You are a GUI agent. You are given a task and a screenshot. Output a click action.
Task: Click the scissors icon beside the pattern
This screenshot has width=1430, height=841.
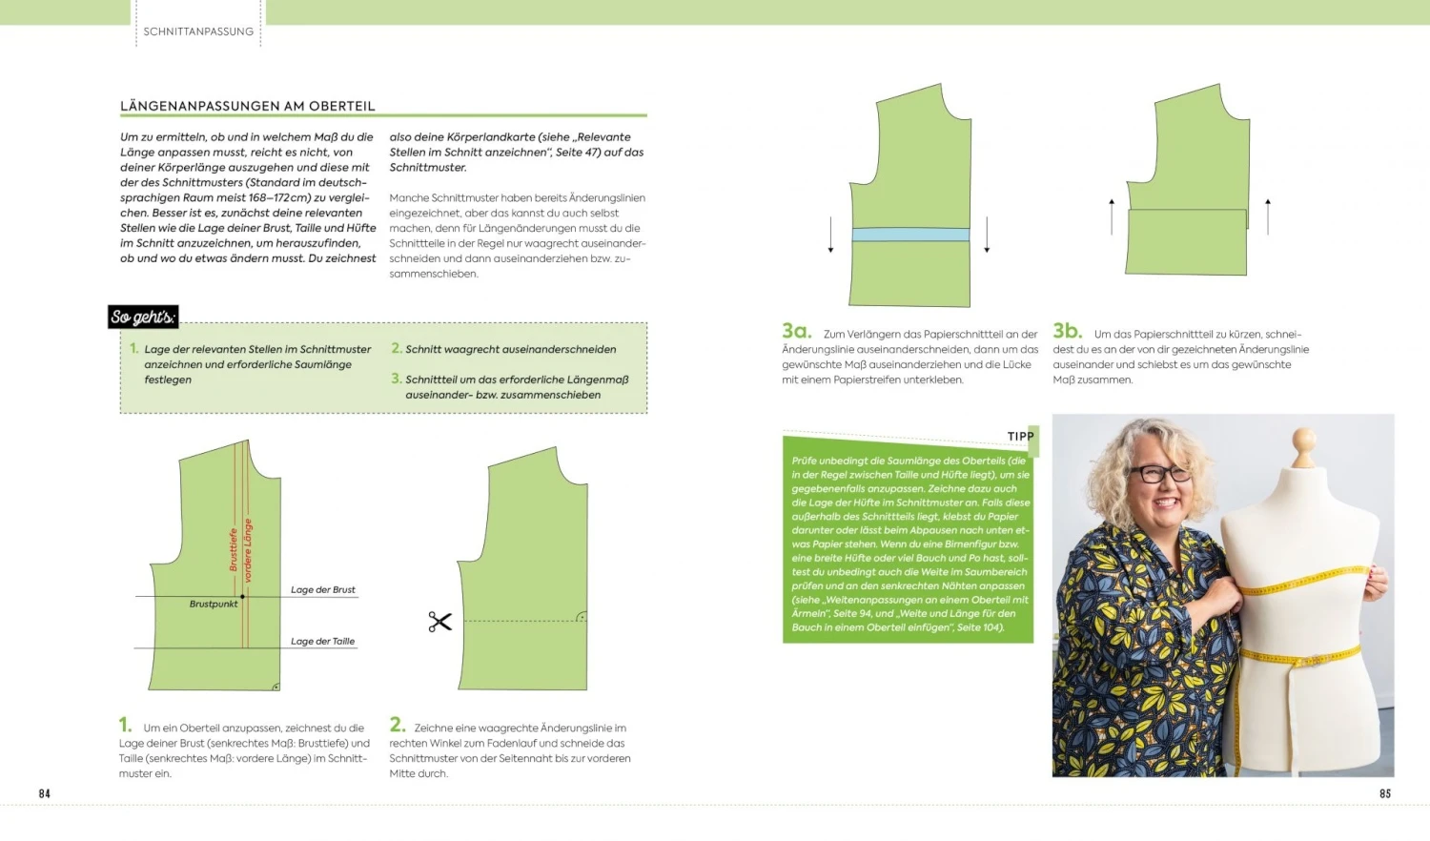click(x=439, y=623)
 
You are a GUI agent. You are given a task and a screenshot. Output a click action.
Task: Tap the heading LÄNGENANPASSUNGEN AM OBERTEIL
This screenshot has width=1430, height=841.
click(x=248, y=106)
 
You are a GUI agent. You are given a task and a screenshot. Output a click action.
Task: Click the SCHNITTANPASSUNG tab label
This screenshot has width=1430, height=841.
click(x=198, y=31)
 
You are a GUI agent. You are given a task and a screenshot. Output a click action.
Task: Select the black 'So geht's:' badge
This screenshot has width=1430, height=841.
click(x=143, y=317)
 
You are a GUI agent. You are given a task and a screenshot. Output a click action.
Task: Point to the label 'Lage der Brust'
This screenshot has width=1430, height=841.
click(x=323, y=590)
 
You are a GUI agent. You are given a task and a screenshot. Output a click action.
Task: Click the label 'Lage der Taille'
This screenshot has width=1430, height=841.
click(x=322, y=642)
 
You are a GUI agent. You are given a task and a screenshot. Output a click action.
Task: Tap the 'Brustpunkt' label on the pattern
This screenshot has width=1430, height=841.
click(x=214, y=605)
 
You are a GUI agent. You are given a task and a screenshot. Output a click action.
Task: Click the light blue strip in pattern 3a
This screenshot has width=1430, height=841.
click(x=909, y=235)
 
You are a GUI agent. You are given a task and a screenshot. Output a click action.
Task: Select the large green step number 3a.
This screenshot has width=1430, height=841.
click(x=796, y=331)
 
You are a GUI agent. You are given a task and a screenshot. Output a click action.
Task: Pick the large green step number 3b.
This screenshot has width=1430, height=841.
click(x=1067, y=331)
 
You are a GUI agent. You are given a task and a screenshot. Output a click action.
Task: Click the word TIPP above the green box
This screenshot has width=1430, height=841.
click(x=1020, y=437)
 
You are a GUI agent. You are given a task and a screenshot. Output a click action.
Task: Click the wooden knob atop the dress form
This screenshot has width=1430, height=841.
click(x=1302, y=442)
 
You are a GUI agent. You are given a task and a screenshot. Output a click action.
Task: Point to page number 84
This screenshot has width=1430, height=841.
click(x=45, y=793)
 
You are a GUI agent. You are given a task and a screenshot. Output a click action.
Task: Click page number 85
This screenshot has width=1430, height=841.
click(x=1385, y=793)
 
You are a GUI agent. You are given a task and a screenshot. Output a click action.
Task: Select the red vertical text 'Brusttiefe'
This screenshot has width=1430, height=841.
click(x=234, y=549)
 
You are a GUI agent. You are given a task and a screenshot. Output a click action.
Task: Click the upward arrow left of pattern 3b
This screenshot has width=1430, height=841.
click(x=1112, y=216)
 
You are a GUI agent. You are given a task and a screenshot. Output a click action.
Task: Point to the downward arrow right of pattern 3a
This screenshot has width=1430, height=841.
click(x=987, y=235)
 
